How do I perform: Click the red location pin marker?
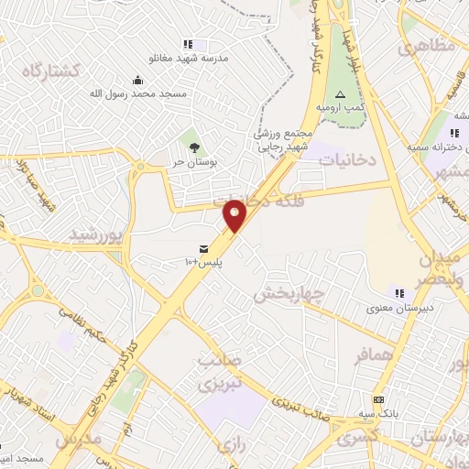pos(235,215)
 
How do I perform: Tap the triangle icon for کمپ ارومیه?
pos(340,94)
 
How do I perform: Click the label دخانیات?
pos(348,159)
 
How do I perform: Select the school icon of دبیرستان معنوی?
pos(399,293)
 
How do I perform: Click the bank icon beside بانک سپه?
pos(378,400)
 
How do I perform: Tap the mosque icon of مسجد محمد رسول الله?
pos(137,80)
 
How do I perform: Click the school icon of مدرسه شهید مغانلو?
pos(188,43)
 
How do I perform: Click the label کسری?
pos(356,439)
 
